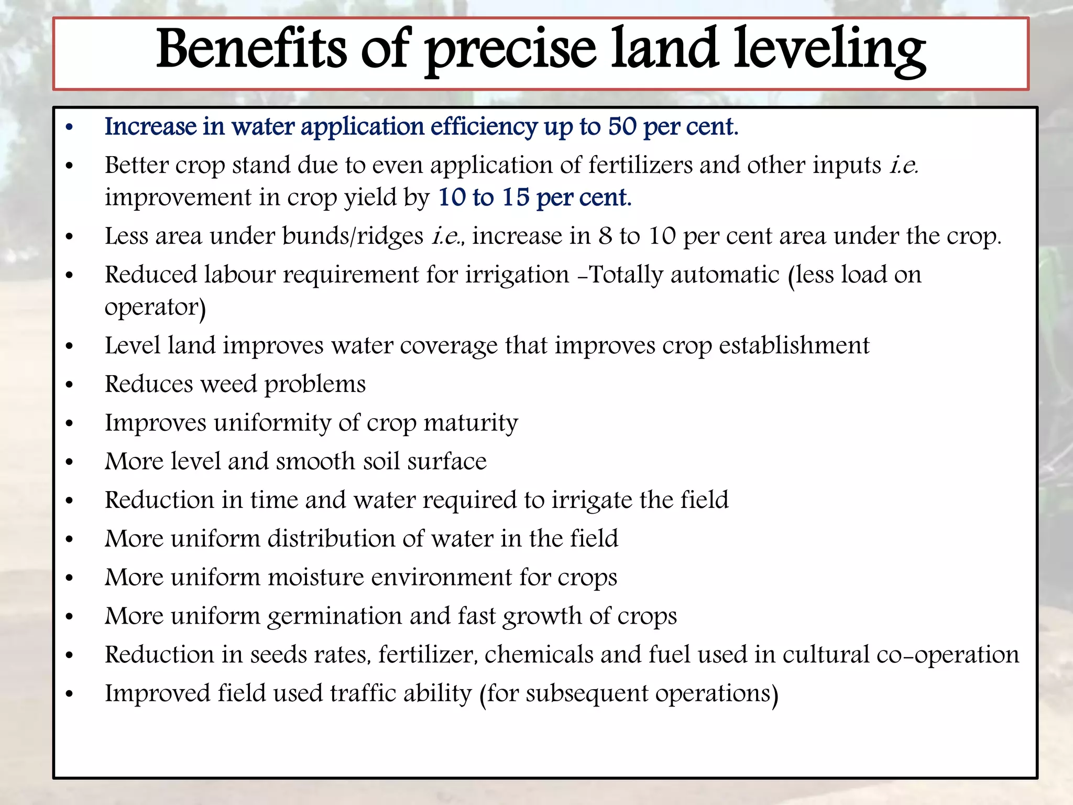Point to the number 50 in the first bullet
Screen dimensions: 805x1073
[622, 126]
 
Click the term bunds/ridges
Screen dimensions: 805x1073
[353, 236]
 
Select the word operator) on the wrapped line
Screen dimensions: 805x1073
[155, 308]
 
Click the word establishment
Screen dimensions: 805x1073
[794, 345]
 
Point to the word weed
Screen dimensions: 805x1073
[229, 384]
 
